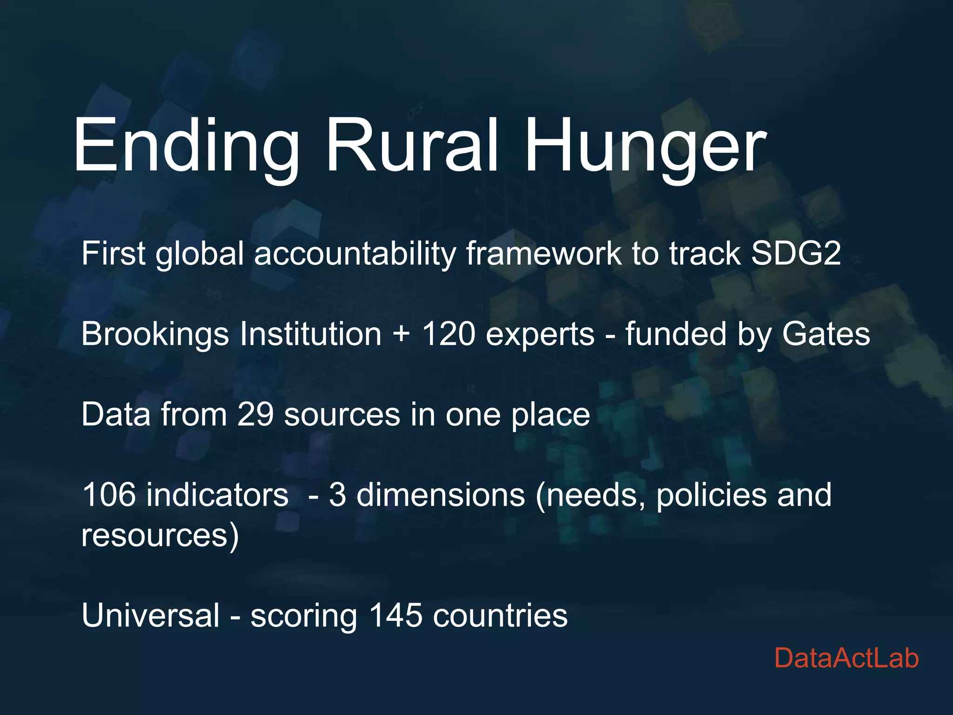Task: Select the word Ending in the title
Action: [x=186, y=145]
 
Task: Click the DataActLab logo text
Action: [x=846, y=658]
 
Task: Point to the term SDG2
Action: [x=796, y=253]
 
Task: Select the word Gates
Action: [x=825, y=334]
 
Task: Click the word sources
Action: [x=342, y=415]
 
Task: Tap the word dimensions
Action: [x=441, y=494]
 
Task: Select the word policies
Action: [x=711, y=495]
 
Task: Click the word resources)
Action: [x=160, y=535]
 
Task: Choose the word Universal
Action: [x=150, y=615]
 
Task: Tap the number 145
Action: [x=396, y=615]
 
